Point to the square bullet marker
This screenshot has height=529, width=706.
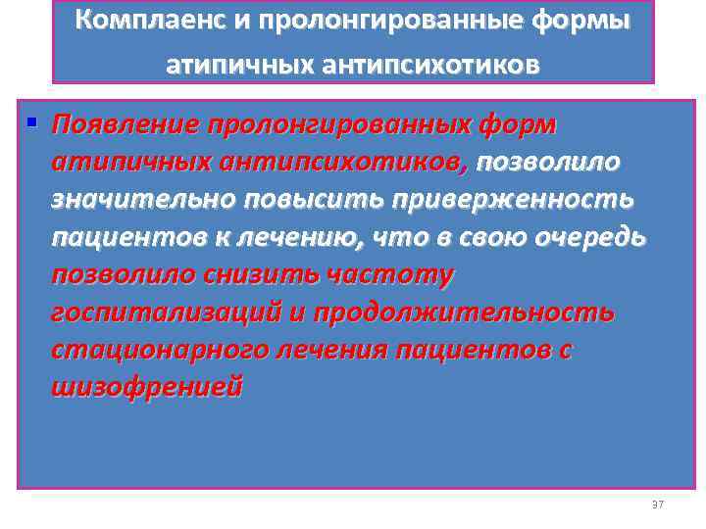32,123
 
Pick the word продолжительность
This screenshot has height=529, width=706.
472,313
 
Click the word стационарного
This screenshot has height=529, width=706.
153,350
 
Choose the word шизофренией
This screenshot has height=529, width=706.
146,387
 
